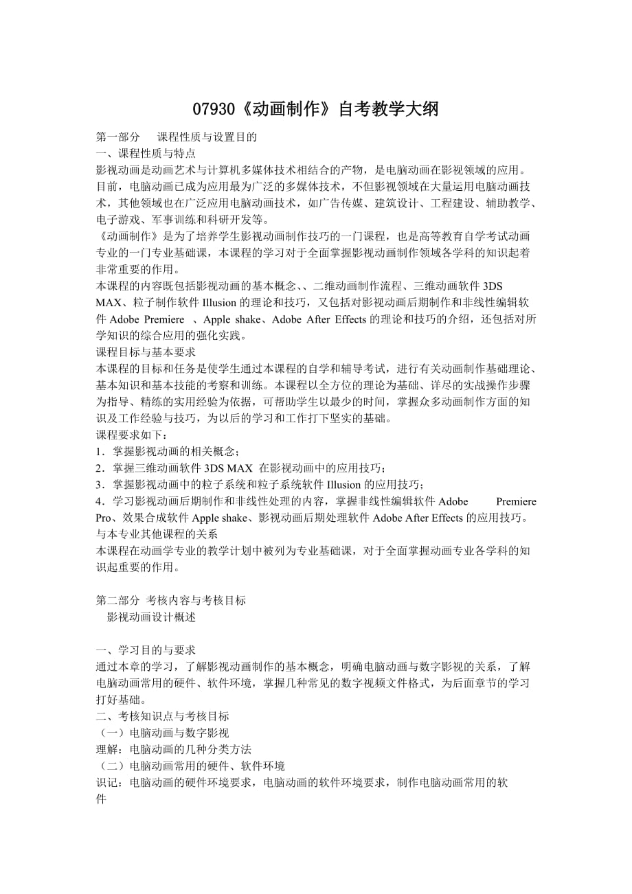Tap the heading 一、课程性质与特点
click(x=146, y=153)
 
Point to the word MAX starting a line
click(x=109, y=303)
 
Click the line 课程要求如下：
click(x=131, y=435)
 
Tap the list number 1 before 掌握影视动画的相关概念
click(x=99, y=451)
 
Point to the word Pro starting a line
click(x=104, y=518)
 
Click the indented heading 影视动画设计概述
click(x=151, y=617)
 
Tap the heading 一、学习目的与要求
click(x=146, y=650)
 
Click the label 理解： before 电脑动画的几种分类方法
click(x=111, y=749)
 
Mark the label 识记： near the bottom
click(x=111, y=783)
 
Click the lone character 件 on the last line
click(x=102, y=799)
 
